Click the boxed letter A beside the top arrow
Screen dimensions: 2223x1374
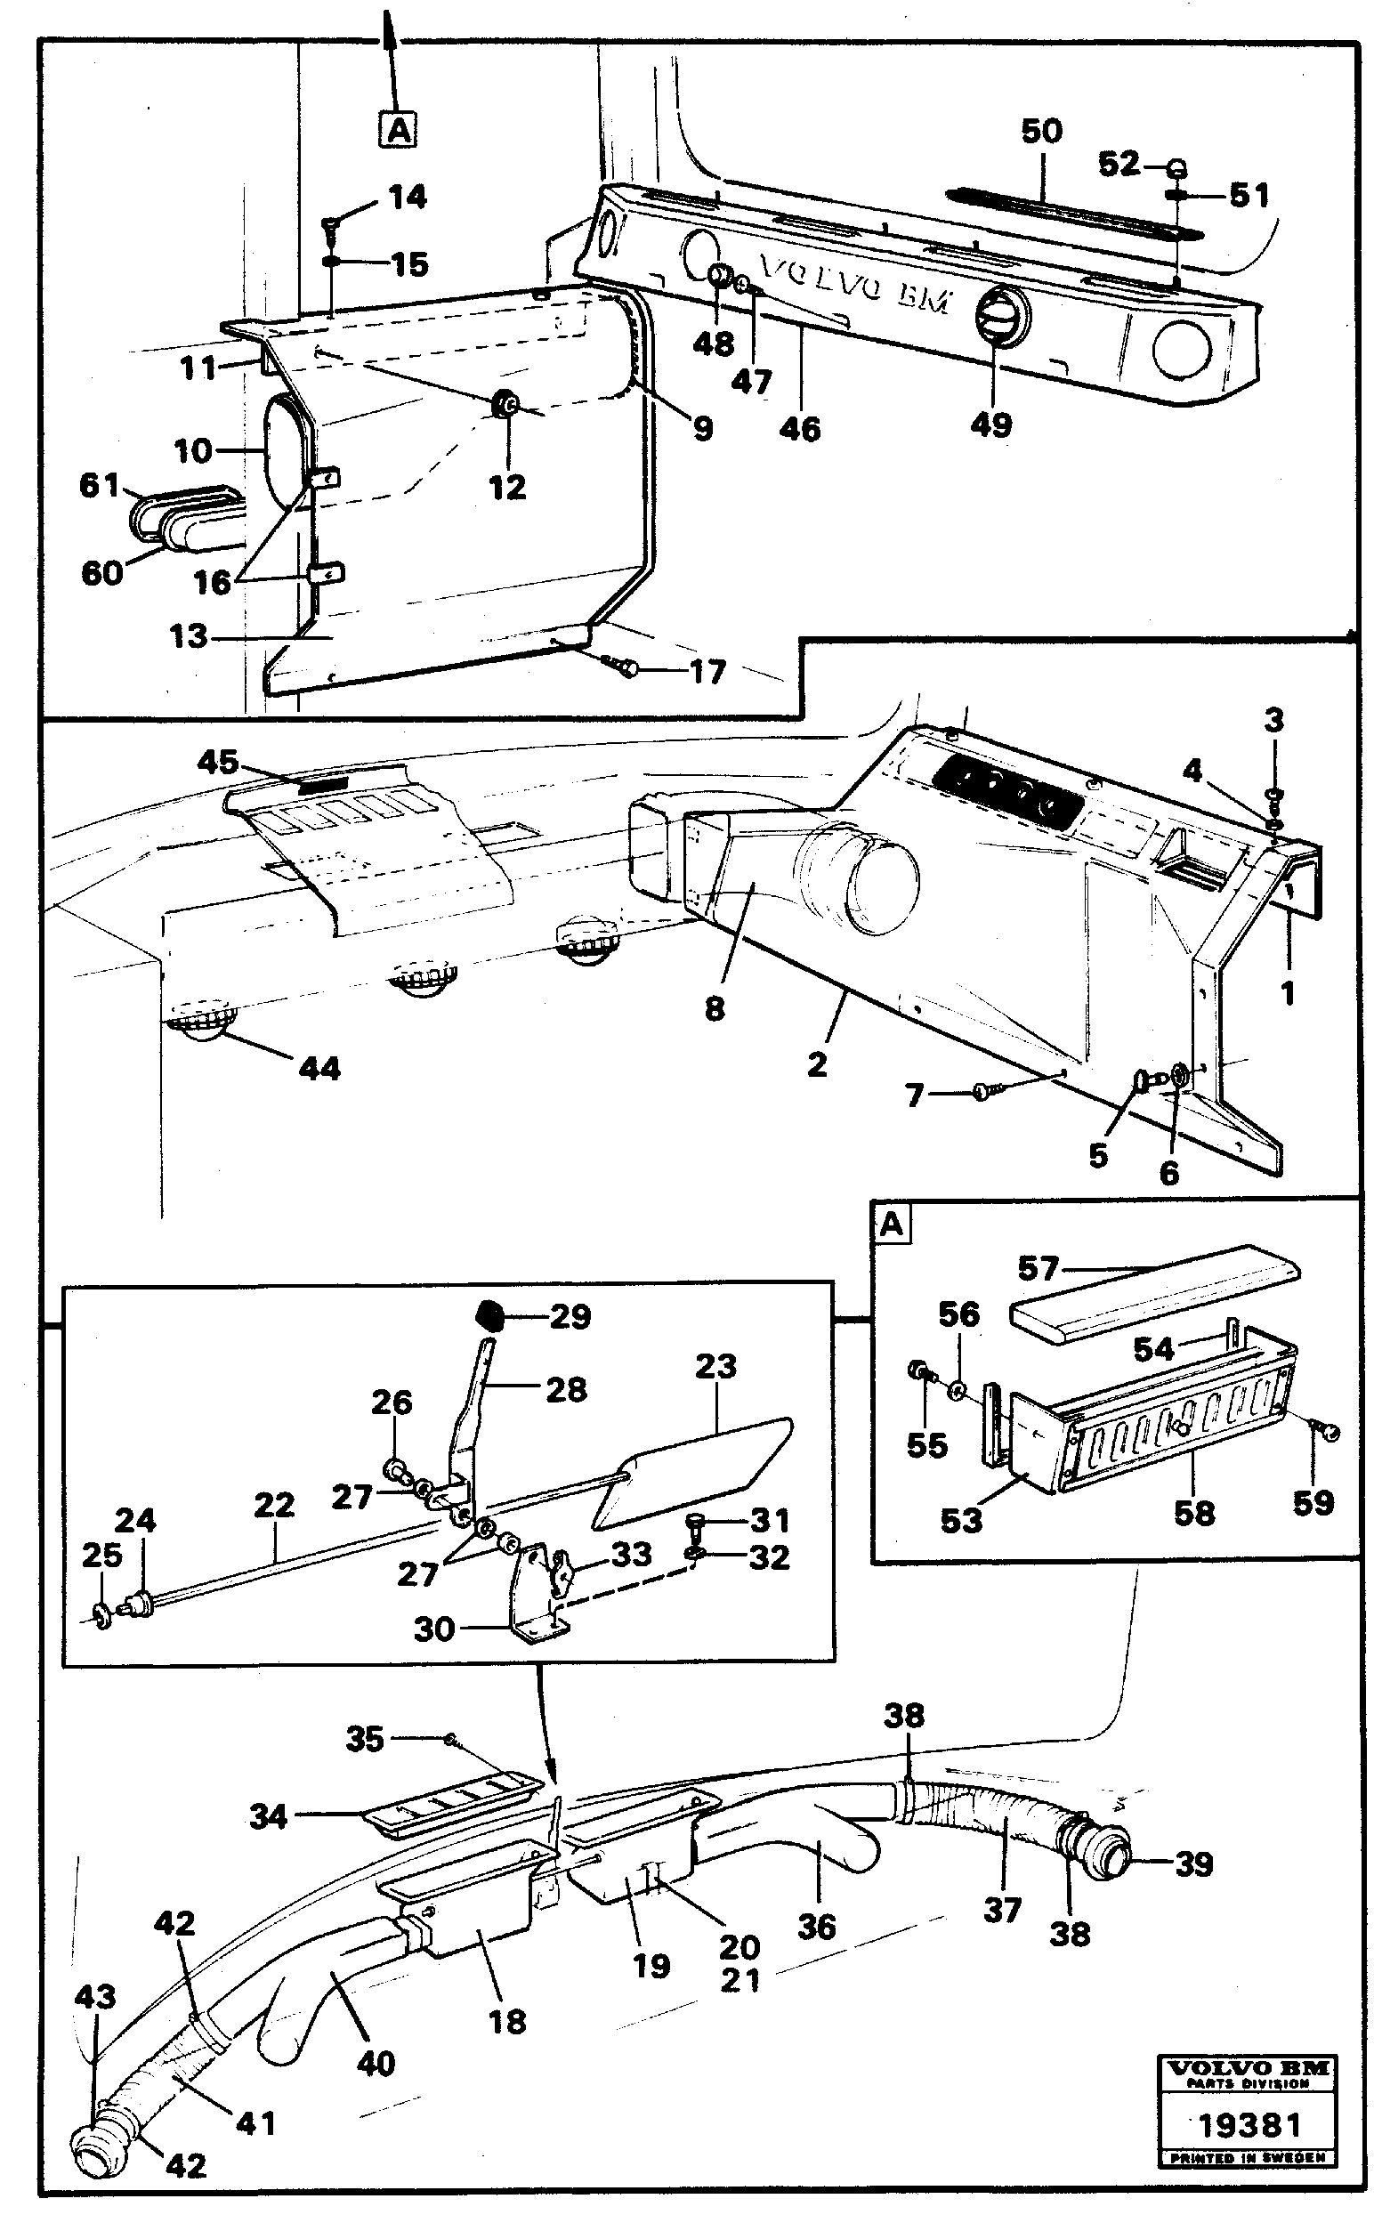tap(398, 130)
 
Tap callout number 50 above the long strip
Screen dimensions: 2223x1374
tap(1041, 132)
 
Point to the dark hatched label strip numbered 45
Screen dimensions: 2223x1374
tap(324, 783)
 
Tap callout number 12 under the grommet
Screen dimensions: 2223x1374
tap(507, 488)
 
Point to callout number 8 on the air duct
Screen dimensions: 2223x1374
tap(715, 1008)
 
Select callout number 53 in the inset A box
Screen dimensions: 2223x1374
tap(960, 1521)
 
